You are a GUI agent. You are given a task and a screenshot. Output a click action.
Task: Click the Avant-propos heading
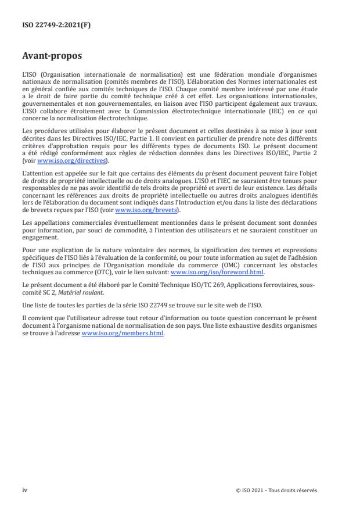(x=53, y=57)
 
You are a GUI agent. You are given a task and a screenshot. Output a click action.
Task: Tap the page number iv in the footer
(x=24, y=490)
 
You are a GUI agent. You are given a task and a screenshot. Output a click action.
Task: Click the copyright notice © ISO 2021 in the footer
(x=276, y=490)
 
